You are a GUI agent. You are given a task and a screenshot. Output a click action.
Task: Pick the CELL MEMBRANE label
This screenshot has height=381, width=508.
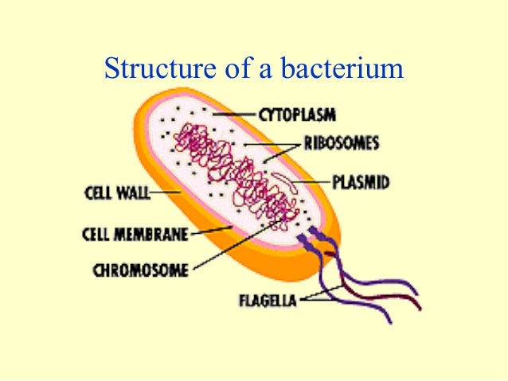coord(135,234)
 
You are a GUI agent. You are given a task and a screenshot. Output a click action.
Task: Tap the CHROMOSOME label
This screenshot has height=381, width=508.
coord(140,270)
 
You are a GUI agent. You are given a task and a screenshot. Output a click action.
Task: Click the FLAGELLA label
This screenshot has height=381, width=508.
coord(268,301)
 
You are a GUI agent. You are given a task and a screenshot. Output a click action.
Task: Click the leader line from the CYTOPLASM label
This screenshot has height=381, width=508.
coord(236,115)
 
